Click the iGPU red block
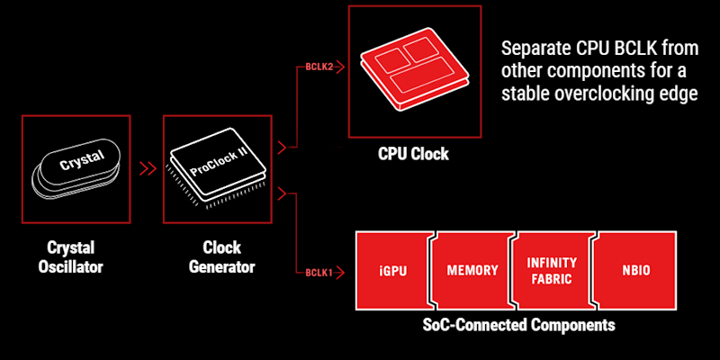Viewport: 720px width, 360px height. (394, 270)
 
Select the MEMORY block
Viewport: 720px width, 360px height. (472, 270)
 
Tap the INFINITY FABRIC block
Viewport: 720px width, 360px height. (552, 270)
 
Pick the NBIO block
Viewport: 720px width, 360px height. (635, 270)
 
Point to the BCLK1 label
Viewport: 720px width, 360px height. (320, 271)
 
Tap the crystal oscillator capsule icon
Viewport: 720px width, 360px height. (76, 168)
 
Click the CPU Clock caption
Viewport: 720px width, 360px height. (413, 154)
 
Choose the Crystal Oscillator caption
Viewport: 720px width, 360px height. (76, 256)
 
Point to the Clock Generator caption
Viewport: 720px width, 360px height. (223, 256)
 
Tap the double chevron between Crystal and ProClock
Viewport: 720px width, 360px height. (147, 168)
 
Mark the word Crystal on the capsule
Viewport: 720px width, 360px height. (82, 163)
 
